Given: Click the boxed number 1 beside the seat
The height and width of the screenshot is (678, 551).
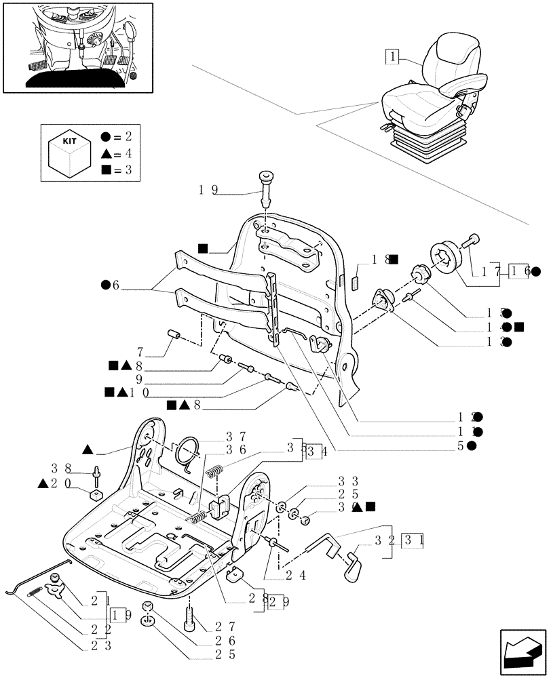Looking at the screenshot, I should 392,57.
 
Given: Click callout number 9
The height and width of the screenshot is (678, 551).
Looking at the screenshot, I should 139,380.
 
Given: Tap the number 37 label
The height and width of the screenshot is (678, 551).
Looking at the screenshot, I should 235,435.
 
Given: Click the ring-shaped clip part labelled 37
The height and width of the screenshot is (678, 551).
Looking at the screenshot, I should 188,450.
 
